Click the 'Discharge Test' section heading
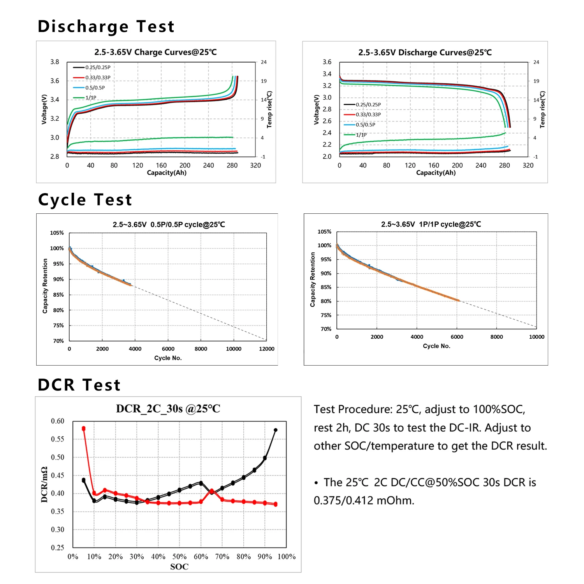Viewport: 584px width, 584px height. click(106, 26)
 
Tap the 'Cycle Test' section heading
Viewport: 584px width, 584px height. click(85, 200)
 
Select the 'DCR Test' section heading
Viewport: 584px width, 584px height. click(79, 385)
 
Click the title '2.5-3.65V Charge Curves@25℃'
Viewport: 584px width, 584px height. click(155, 52)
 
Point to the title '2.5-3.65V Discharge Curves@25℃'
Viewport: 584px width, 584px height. click(425, 53)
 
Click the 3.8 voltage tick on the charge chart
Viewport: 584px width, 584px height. click(55, 62)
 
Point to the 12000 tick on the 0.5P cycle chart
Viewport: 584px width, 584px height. click(266, 349)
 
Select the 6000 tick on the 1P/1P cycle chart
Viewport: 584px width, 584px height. click(457, 337)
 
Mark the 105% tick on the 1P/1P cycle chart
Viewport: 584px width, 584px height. click(324, 232)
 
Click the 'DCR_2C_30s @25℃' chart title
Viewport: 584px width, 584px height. click(168, 409)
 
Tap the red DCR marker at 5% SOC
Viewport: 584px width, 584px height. click(84, 429)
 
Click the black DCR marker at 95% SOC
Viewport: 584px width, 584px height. click(276, 430)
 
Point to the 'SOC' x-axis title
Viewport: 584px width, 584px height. click(179, 567)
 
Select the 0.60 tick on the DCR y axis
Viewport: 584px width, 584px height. click(58, 421)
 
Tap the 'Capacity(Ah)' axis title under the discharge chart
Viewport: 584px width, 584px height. click(436, 173)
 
